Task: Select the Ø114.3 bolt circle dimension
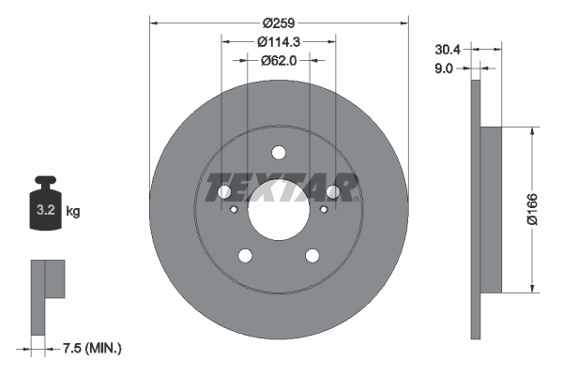[279, 41]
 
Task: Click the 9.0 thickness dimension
[445, 67]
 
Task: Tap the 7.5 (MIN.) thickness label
[90, 349]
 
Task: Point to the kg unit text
[73, 212]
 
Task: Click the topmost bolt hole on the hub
[279, 153]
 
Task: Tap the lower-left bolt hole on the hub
[246, 255]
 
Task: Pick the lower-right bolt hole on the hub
[312, 255]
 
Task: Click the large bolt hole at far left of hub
[224, 192]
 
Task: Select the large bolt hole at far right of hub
[332, 192]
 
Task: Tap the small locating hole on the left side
[233, 209]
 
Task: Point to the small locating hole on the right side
[324, 209]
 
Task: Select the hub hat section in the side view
[491, 209]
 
